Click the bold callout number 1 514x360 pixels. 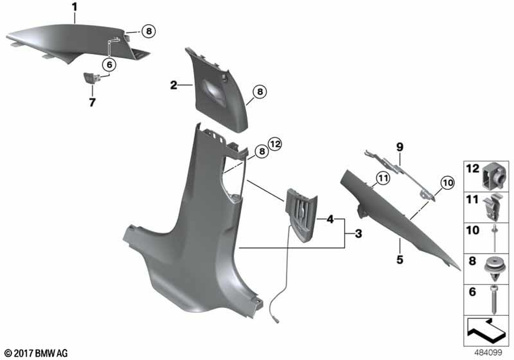click(75, 7)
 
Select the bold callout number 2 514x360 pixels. click(173, 85)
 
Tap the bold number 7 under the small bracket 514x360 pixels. click(92, 102)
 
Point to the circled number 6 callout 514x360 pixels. click(109, 65)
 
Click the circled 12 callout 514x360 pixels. click(275, 144)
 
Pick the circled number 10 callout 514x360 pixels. click(448, 182)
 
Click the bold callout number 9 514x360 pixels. click(399, 147)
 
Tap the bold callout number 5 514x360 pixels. click(399, 260)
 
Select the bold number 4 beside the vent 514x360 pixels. click(330, 219)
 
